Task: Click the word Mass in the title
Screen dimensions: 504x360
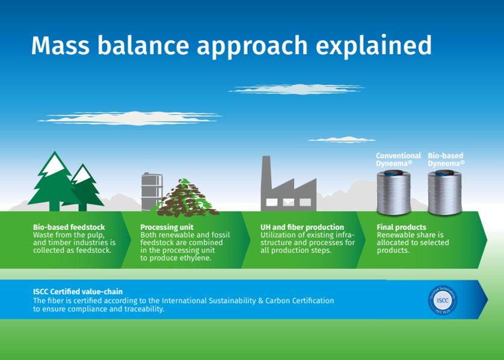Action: [60, 45]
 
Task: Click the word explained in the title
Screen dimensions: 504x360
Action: [373, 46]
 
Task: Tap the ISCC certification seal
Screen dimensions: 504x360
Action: [443, 300]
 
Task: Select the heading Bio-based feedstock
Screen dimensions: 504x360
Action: [69, 227]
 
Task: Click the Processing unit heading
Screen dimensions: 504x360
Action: [167, 228]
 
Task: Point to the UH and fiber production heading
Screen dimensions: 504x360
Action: [302, 227]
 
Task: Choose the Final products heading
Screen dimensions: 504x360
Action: [402, 227]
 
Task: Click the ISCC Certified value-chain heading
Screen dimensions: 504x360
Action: [78, 292]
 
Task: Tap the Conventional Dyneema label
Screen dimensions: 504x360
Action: [398, 160]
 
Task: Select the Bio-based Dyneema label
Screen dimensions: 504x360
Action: [446, 160]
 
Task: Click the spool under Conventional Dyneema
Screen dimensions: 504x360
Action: [394, 193]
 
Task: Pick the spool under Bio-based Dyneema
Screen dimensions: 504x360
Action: [445, 193]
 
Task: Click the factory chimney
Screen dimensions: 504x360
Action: [266, 174]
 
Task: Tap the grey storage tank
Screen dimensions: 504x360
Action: [152, 192]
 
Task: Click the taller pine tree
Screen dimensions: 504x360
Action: [54, 182]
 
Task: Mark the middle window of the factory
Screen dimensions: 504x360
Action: [288, 202]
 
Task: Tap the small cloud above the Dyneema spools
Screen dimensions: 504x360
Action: [342, 140]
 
